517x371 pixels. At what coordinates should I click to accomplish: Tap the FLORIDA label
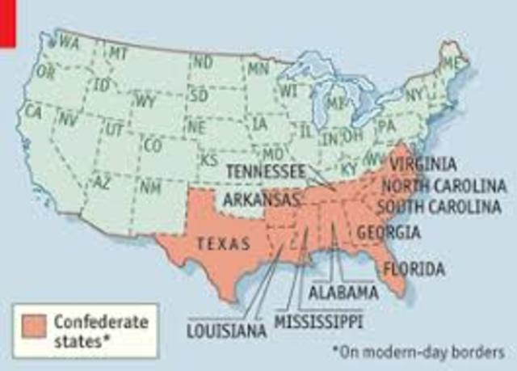click(x=414, y=268)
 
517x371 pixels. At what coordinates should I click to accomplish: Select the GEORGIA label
click(x=389, y=232)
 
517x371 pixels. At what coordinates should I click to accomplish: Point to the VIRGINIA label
click(x=427, y=165)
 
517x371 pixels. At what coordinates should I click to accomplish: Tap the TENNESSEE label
click(x=265, y=171)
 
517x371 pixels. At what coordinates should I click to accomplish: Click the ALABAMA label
click(x=343, y=291)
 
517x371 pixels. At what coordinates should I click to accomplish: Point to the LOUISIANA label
click(x=226, y=330)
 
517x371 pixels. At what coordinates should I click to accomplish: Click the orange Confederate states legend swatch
click(x=35, y=328)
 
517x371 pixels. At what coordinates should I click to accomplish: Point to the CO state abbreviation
click(x=152, y=145)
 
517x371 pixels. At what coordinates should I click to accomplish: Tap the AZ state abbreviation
click(x=103, y=182)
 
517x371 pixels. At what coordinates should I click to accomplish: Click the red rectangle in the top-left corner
click(x=8, y=11)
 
